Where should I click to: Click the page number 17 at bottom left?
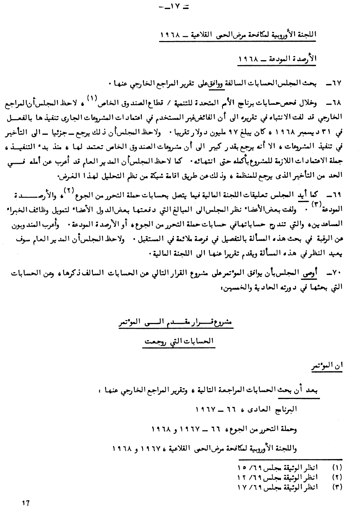click(x=25, y=503)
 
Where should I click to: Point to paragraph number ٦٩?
click(x=337, y=195)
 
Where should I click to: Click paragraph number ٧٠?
click(x=337, y=274)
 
